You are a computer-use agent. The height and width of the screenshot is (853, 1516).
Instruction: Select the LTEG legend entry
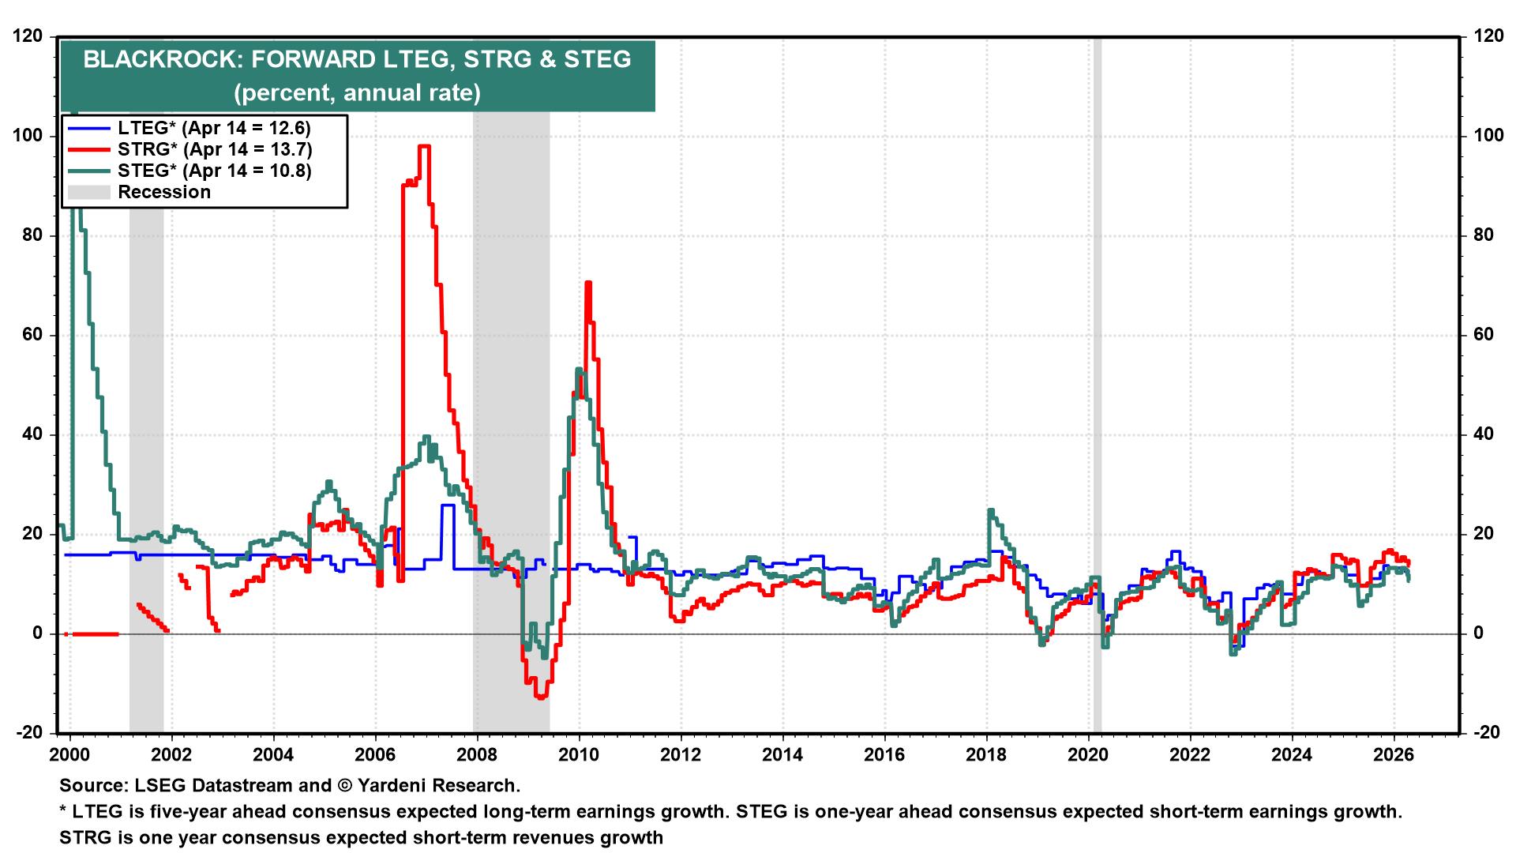coord(214,128)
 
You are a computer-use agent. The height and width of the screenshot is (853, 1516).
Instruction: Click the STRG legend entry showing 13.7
coord(214,149)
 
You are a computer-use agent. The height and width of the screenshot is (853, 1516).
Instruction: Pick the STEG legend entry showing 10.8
coord(214,171)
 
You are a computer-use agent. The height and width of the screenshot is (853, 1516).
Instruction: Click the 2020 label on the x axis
coord(1088,753)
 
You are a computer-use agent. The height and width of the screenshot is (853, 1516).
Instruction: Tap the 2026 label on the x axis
coord(1394,753)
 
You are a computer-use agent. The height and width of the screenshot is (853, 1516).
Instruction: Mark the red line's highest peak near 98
coord(424,146)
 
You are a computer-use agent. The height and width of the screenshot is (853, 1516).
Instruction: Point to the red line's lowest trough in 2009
coord(541,697)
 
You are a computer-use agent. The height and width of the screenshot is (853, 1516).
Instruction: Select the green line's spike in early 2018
coord(990,511)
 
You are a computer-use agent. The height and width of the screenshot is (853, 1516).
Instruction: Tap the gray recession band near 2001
coord(146,395)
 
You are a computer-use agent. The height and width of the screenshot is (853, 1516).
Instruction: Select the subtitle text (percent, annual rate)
coord(357,92)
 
